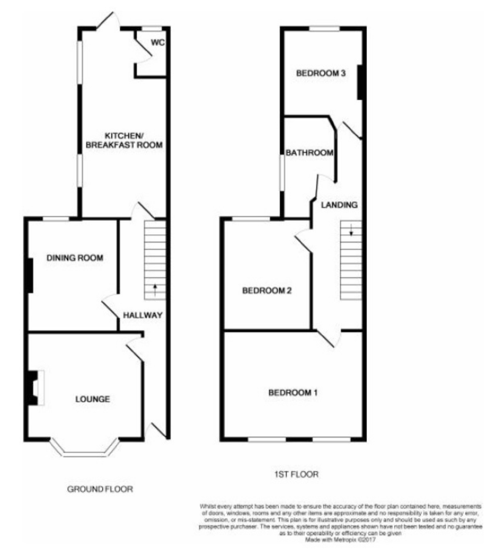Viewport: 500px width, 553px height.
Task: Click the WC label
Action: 157,43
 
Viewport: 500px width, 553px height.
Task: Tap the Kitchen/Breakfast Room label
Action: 124,140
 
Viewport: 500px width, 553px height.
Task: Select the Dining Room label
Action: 75,258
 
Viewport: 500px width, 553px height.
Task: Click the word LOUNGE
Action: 92,399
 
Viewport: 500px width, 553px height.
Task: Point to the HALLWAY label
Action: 142,315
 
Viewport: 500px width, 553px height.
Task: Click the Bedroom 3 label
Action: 320,73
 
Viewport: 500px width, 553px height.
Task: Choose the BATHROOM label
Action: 310,152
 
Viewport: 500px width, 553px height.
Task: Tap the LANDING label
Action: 339,205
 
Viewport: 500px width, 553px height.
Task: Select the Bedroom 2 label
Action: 266,291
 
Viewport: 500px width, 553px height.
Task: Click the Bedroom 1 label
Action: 293,392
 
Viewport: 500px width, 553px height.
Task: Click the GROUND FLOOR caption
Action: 100,489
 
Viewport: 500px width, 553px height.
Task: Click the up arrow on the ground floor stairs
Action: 155,290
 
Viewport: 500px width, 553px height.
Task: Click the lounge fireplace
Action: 35,388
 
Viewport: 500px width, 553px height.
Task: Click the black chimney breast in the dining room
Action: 30,275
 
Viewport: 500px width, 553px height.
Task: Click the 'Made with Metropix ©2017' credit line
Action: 340,547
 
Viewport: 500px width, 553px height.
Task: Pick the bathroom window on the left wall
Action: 282,173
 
